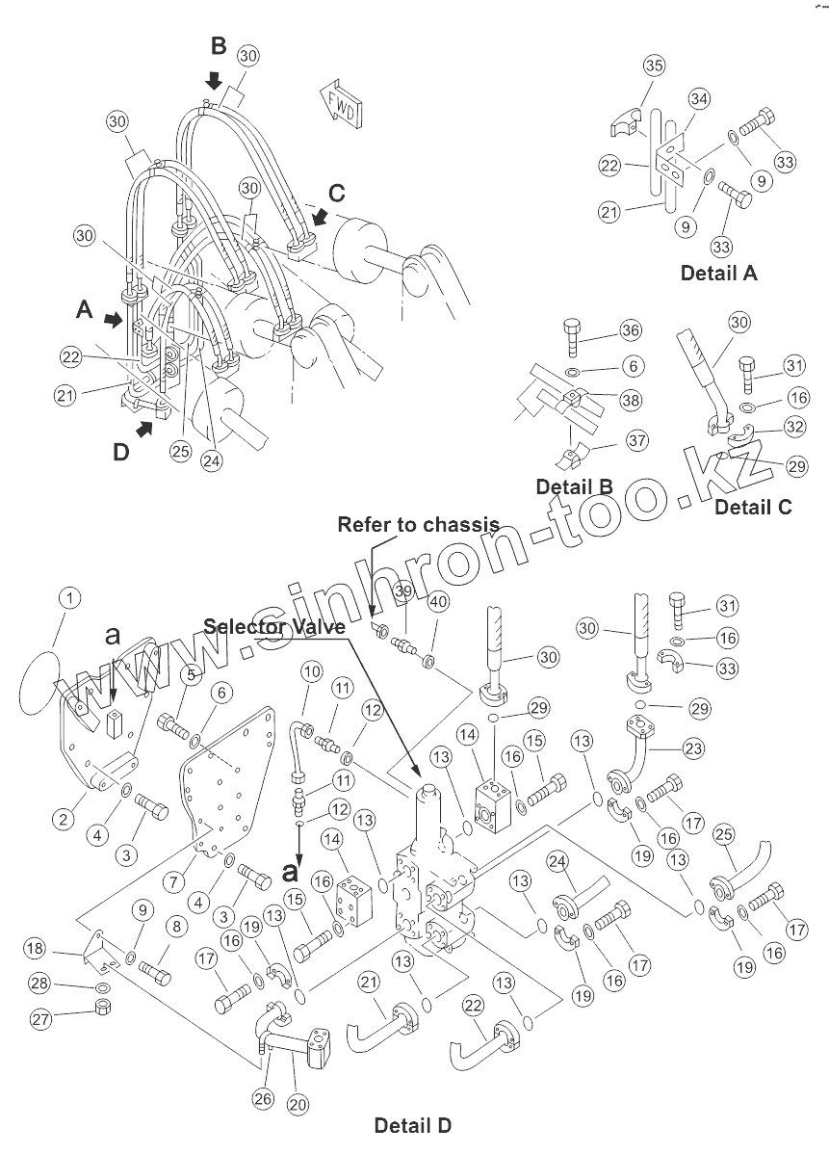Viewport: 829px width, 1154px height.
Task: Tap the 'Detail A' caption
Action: (718, 273)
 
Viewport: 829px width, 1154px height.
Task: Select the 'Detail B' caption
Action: (574, 486)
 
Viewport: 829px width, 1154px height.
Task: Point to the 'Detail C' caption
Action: (753, 507)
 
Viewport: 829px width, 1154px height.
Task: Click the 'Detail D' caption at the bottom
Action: (412, 1125)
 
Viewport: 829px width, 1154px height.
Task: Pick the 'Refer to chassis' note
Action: (418, 525)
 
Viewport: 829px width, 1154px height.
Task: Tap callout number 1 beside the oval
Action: (68, 598)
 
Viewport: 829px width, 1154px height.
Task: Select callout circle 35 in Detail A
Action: (654, 66)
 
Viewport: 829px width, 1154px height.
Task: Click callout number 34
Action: (699, 98)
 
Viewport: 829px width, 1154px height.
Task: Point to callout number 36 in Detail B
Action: (631, 331)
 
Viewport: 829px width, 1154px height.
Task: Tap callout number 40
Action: (439, 601)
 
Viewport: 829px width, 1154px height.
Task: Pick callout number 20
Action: (298, 1104)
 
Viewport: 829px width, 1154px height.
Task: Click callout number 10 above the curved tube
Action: (310, 669)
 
